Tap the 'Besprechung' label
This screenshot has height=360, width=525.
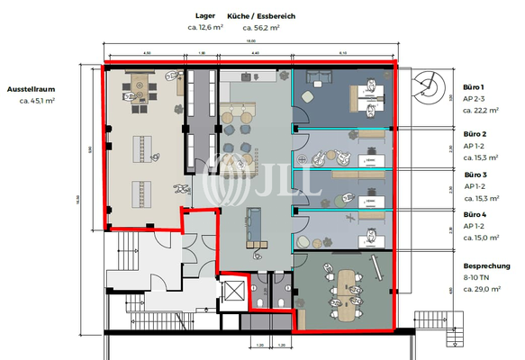pyautogui.click(x=487, y=267)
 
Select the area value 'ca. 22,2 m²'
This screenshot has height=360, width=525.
pyautogui.click(x=482, y=110)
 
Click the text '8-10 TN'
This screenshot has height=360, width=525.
pyautogui.click(x=477, y=279)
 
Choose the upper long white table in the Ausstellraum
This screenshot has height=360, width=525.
pyautogui.click(x=146, y=146)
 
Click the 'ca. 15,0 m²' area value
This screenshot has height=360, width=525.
pyautogui.click(x=482, y=238)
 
